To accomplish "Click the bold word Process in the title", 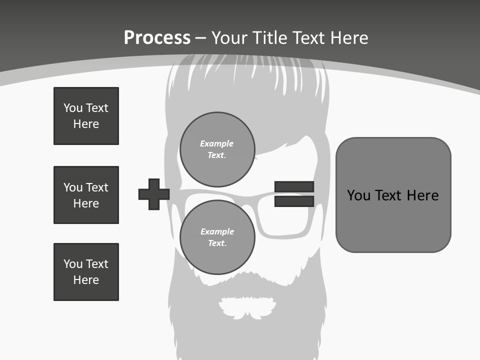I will click(157, 38).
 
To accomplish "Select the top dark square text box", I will click(86, 116).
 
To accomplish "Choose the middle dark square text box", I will click(86, 195).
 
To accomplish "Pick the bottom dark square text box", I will click(86, 272).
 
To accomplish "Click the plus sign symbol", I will click(154, 194).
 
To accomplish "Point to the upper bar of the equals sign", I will click(294, 186).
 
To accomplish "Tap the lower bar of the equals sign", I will click(294, 201).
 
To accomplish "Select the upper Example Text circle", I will click(217, 149).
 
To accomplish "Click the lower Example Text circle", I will click(217, 237).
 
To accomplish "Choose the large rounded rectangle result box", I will click(393, 194).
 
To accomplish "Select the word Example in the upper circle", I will click(217, 143).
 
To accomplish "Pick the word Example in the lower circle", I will click(217, 231).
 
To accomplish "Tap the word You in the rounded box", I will click(358, 195).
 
